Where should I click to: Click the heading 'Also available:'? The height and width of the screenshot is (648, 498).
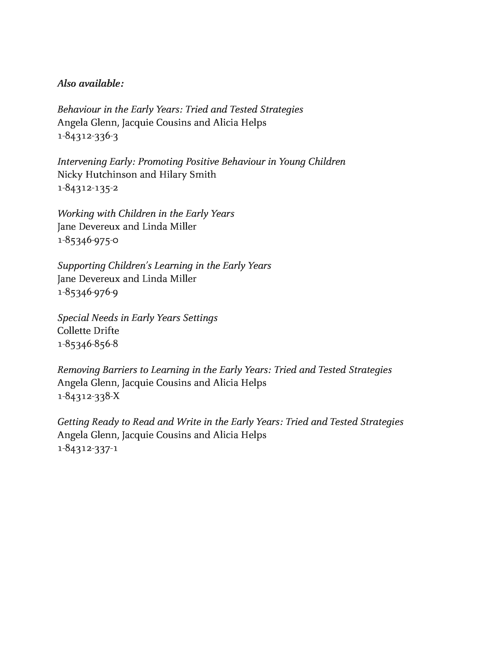90,84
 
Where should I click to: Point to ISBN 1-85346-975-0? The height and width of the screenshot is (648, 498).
88,240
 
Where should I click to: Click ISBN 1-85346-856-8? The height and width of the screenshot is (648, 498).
88,344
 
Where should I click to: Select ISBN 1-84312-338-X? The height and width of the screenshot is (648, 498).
88,396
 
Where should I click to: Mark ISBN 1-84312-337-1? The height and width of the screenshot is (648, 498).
88,449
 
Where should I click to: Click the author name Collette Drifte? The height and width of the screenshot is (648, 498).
88,331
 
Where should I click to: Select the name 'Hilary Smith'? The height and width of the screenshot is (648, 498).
187,175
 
